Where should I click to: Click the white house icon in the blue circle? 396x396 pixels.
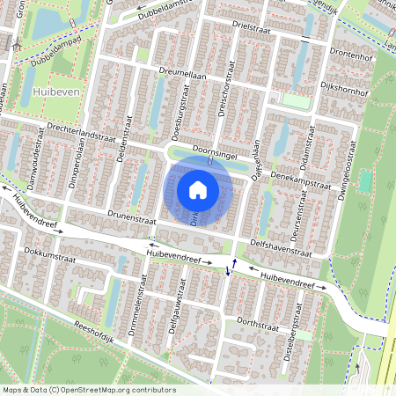coord(198,190)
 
